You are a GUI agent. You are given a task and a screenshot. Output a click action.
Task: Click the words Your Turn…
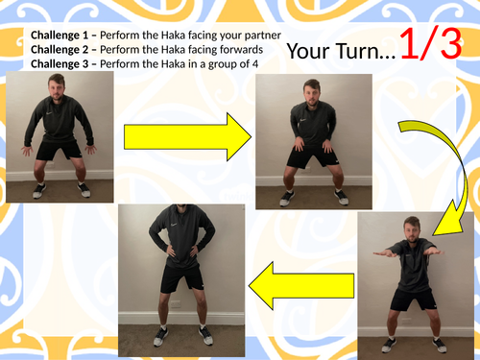click(x=340, y=52)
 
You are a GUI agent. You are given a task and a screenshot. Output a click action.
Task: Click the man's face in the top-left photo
click(x=58, y=88)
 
